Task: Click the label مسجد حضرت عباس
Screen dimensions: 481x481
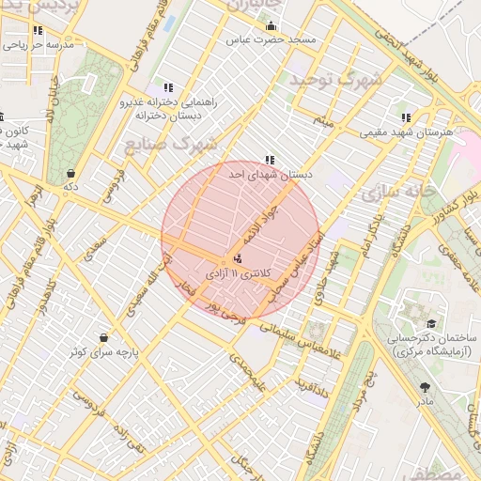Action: pos(271,41)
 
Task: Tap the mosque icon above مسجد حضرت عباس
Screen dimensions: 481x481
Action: pos(271,26)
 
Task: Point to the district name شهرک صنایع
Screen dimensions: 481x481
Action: pos(169,144)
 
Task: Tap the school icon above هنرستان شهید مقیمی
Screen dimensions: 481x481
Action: pos(406,118)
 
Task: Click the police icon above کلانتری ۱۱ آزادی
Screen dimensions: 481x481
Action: pos(236,257)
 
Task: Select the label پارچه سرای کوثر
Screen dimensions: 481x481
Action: pos(102,352)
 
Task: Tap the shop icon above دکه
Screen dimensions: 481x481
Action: pos(71,173)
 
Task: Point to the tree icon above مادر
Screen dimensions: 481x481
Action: pos(426,386)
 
